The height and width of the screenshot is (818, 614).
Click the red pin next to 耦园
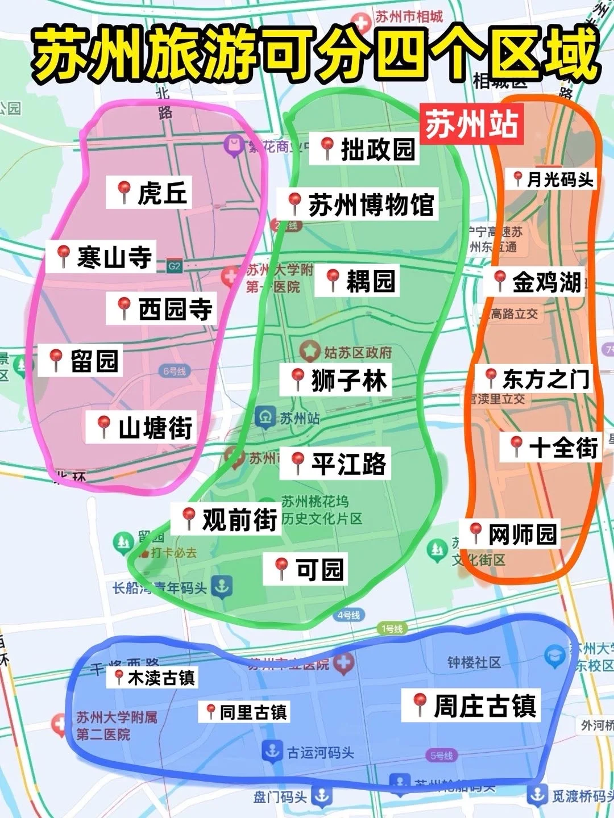333,279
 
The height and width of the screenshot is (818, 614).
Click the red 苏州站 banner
471,124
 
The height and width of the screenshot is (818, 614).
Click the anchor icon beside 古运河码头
272,751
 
